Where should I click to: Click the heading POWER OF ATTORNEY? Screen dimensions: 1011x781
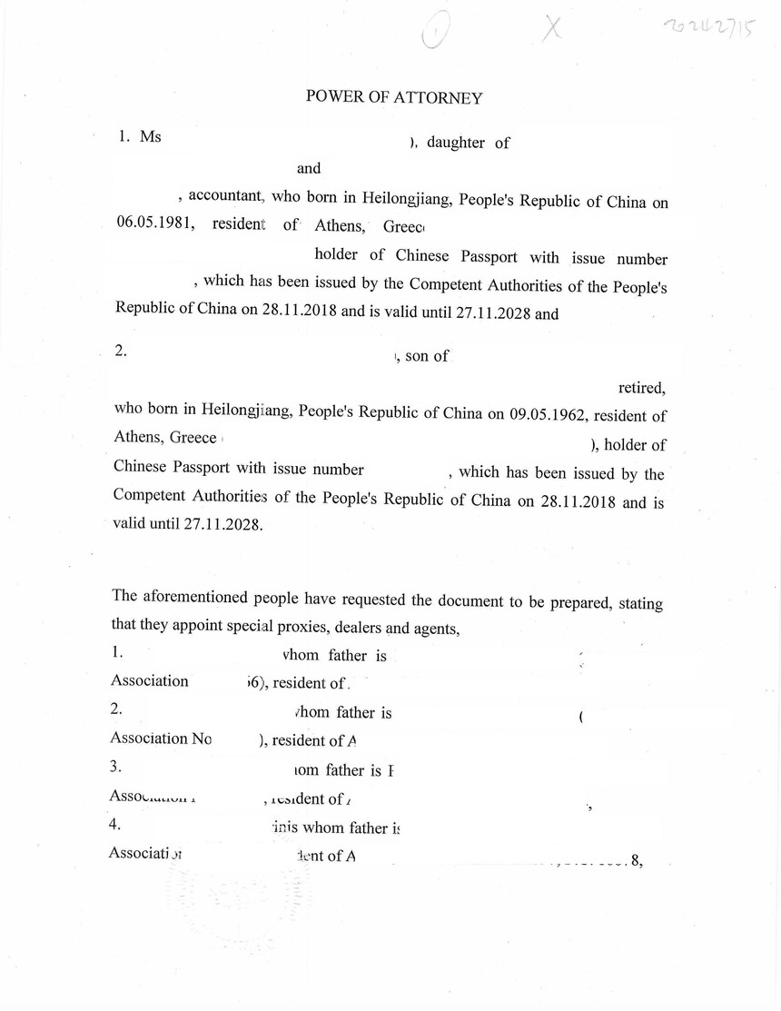pyautogui.click(x=393, y=97)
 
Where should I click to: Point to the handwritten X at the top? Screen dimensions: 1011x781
pyautogui.click(x=550, y=29)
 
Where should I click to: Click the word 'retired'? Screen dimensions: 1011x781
pyautogui.click(x=642, y=388)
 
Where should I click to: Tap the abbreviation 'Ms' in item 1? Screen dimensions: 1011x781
pyautogui.click(x=151, y=136)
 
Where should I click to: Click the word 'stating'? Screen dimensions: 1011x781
pyautogui.click(x=640, y=604)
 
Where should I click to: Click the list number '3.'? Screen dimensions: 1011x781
pyautogui.click(x=116, y=768)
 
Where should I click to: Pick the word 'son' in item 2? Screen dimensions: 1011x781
pyautogui.click(x=416, y=356)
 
